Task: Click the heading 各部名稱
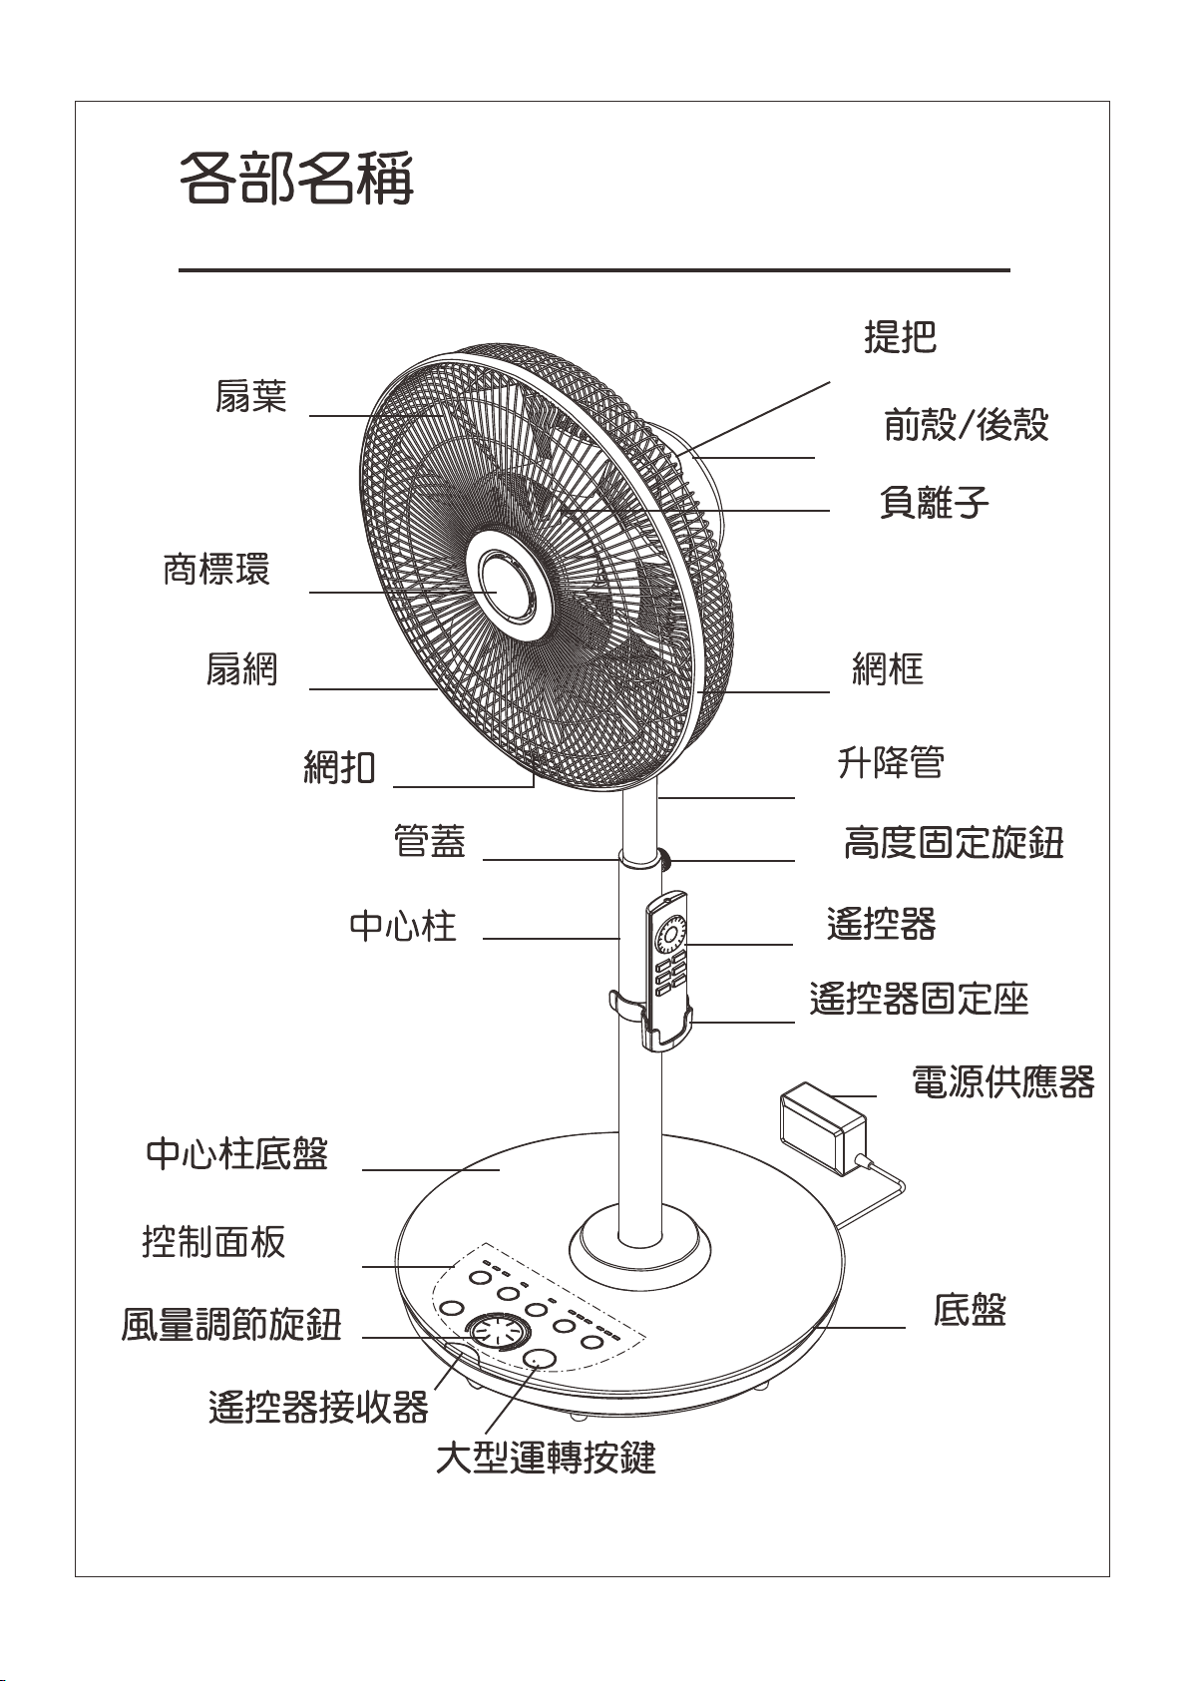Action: [295, 179]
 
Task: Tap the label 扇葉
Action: [250, 397]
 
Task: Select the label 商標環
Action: [216, 571]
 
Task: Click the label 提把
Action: [900, 338]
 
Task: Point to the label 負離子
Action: [934, 501]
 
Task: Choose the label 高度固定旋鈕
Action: [954, 843]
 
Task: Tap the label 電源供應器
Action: [1002, 1081]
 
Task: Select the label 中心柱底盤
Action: [236, 1154]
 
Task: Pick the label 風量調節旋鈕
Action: [231, 1325]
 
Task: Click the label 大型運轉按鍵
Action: [546, 1458]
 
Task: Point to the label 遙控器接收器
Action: [318, 1407]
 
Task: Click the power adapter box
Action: [822, 1127]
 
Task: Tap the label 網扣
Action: [339, 767]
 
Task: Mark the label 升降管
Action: [890, 763]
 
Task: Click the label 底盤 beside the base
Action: [969, 1310]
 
